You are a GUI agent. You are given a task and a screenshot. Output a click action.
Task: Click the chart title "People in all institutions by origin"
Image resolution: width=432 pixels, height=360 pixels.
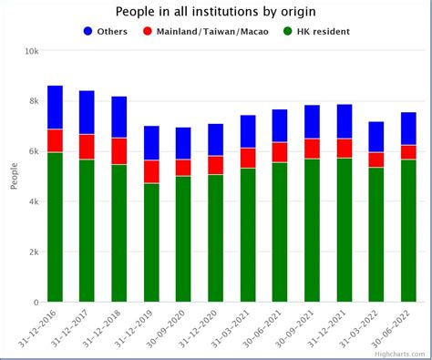(214, 11)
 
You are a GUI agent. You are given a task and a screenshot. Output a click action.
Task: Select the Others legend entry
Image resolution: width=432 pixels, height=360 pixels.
(105, 31)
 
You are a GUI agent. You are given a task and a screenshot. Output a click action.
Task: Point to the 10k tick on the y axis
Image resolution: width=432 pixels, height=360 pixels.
(30, 52)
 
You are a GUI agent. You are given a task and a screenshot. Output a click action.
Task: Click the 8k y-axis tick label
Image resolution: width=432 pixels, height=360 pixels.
(33, 102)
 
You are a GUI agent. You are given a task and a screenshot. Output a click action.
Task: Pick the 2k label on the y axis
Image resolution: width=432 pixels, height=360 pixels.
(33, 252)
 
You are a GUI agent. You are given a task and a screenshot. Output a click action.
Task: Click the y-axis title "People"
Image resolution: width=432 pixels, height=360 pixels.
(14, 176)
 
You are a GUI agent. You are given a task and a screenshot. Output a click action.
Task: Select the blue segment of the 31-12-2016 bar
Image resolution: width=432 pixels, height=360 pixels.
(55, 108)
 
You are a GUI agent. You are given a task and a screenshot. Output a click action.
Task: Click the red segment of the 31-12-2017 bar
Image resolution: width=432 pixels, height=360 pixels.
(87, 147)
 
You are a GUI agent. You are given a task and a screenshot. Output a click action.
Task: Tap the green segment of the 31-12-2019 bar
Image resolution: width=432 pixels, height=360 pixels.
(151, 242)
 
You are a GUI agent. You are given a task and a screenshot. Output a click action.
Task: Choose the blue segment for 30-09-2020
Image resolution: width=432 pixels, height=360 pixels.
(183, 143)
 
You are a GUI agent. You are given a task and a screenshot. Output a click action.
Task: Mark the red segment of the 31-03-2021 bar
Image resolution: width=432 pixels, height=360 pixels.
(248, 158)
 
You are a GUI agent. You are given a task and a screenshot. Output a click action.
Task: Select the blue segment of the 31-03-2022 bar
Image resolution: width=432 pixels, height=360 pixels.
(376, 137)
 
